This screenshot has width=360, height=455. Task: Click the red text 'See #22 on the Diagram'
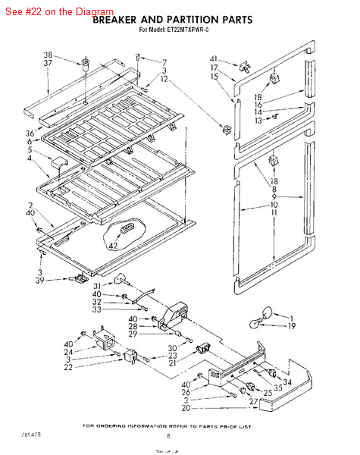click(59, 12)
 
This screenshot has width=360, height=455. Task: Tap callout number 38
click(48, 55)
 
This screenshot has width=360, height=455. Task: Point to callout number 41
click(214, 59)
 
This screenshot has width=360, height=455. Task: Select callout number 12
click(164, 79)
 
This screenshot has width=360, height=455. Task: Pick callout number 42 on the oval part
click(114, 246)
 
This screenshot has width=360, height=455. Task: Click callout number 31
click(97, 285)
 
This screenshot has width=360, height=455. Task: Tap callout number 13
click(258, 120)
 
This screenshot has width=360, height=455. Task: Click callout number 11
click(275, 213)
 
